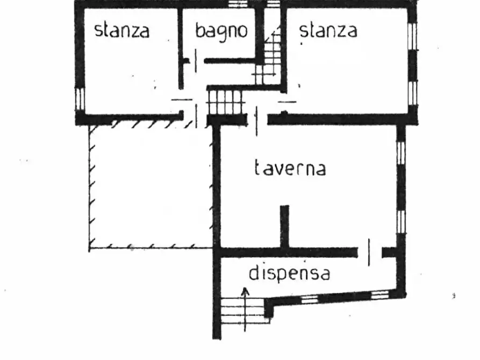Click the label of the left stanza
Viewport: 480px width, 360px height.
pos(121,30)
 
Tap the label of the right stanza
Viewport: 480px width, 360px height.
pos(328,30)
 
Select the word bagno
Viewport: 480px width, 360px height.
pos(221,31)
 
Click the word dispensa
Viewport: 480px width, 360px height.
pos(289,273)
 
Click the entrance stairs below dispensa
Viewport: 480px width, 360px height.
pos(241,314)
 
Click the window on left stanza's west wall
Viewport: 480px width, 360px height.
pos(80,99)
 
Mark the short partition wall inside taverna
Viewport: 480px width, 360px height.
pos(284,226)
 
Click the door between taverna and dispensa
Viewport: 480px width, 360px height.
pos(369,252)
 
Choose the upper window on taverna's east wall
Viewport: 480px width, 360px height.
pos(400,152)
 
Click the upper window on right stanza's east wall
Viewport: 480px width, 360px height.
pos(412,35)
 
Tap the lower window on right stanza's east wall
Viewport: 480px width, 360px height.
pos(412,92)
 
